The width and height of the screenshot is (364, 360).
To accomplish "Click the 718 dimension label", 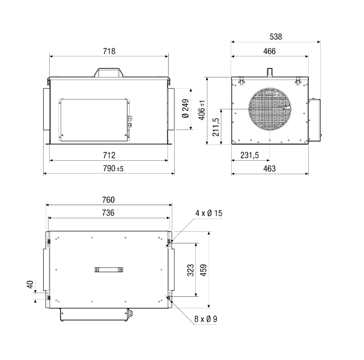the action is click(109, 51).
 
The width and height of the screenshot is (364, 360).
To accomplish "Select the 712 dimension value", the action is click(109, 155).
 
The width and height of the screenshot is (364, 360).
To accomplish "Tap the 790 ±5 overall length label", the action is click(113, 168).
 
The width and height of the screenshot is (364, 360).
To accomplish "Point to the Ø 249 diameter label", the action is click(186, 109).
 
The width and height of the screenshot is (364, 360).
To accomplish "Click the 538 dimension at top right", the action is click(276, 36).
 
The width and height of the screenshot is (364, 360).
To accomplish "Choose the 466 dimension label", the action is click(269, 51).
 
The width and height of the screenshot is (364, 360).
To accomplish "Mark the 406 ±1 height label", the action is click(202, 110).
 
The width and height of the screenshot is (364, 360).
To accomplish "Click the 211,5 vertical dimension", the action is click(215, 127).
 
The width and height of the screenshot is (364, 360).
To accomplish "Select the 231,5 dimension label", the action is click(249, 155).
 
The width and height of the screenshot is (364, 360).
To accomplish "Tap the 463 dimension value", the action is click(269, 168).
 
